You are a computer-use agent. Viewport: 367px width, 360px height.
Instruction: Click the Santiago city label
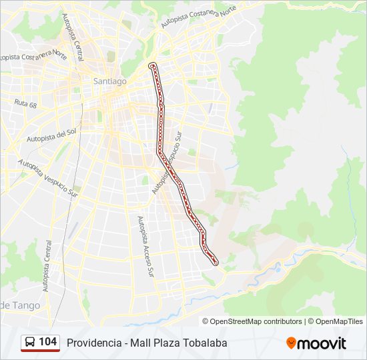pos(109,81)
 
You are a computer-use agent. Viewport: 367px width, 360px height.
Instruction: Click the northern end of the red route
pos(153,65)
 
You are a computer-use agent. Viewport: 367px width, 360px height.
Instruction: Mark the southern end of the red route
pos(216,263)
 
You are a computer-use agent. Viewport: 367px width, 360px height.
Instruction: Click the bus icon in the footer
pos(30,343)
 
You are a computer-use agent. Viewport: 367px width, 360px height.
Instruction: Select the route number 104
pos(47,342)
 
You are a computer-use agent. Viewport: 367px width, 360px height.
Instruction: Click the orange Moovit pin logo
pos(291,343)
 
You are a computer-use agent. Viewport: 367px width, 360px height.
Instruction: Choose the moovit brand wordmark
pos(322,343)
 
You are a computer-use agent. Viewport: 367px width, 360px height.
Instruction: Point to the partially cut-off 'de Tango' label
pos(20,305)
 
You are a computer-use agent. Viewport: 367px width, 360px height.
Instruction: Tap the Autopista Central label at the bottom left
pos(47,266)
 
